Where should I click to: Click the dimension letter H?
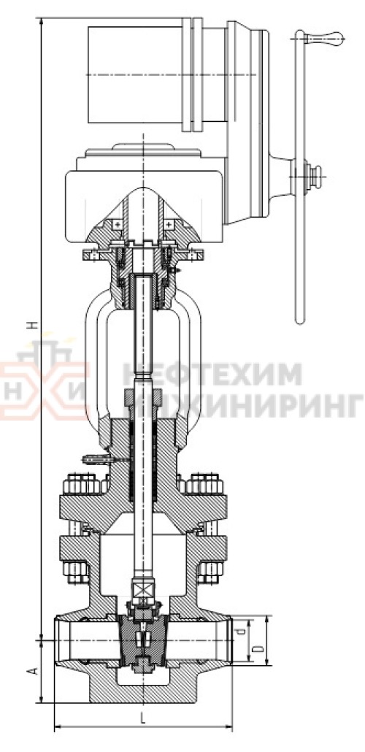tap(31, 326)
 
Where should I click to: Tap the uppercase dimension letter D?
tap(257, 649)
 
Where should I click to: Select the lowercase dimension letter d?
tap(248, 627)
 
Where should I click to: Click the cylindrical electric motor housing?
tap(136, 75)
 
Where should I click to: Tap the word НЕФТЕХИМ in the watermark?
tap(212, 374)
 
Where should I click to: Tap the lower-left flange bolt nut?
tap(80, 570)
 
